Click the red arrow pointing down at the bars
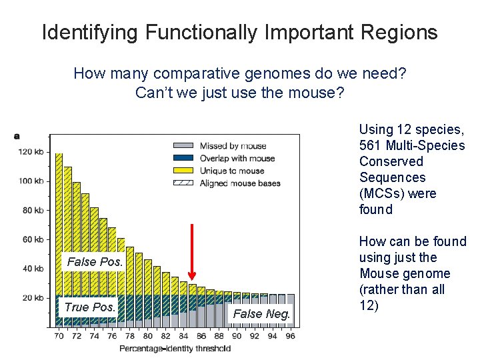coord(192,252)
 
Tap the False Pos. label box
coord(95,262)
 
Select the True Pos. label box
coord(89,307)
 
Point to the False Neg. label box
coord(261,313)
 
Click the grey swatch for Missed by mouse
coord(183,146)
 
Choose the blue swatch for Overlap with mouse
coord(183,158)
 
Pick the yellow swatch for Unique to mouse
coord(183,171)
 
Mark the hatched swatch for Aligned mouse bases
coord(183,183)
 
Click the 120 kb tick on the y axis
coord(31,152)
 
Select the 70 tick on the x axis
coord(59,335)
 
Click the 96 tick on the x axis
coord(290,335)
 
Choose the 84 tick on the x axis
coord(183,335)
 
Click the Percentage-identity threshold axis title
coord(175,348)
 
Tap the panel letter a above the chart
coord(17,136)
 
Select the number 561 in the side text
coord(369,145)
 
